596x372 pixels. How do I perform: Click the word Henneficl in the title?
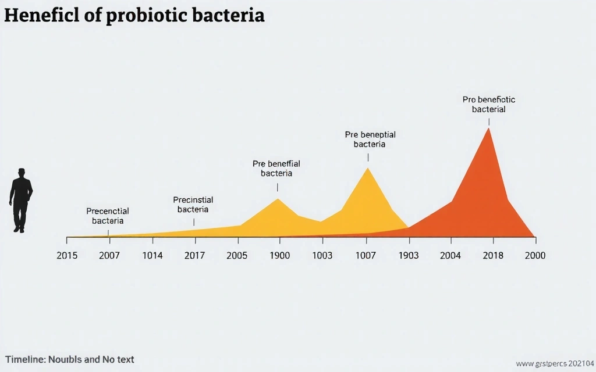pos(42,16)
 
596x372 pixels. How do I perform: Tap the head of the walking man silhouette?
pos(22,173)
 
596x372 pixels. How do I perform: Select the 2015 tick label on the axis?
pos(67,255)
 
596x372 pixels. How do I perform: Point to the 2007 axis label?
pos(109,255)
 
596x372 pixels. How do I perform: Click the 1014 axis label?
pos(152,255)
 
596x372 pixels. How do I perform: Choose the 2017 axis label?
pos(194,255)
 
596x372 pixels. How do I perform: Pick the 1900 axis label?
pos(279,255)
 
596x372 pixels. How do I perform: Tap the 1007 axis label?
pos(366,255)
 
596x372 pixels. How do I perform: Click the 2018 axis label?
pos(493,255)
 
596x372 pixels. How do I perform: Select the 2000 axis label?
pos(535,255)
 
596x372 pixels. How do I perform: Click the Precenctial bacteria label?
pos(108,216)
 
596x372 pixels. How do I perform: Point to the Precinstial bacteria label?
pos(193,205)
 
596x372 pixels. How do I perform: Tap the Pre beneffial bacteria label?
pos(276,169)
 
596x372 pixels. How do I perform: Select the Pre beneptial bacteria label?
pos(370,139)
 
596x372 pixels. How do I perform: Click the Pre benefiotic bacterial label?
pos(489,104)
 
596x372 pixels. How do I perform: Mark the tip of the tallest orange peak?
pos(488,128)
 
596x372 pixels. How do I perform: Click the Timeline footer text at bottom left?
pos(69,359)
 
